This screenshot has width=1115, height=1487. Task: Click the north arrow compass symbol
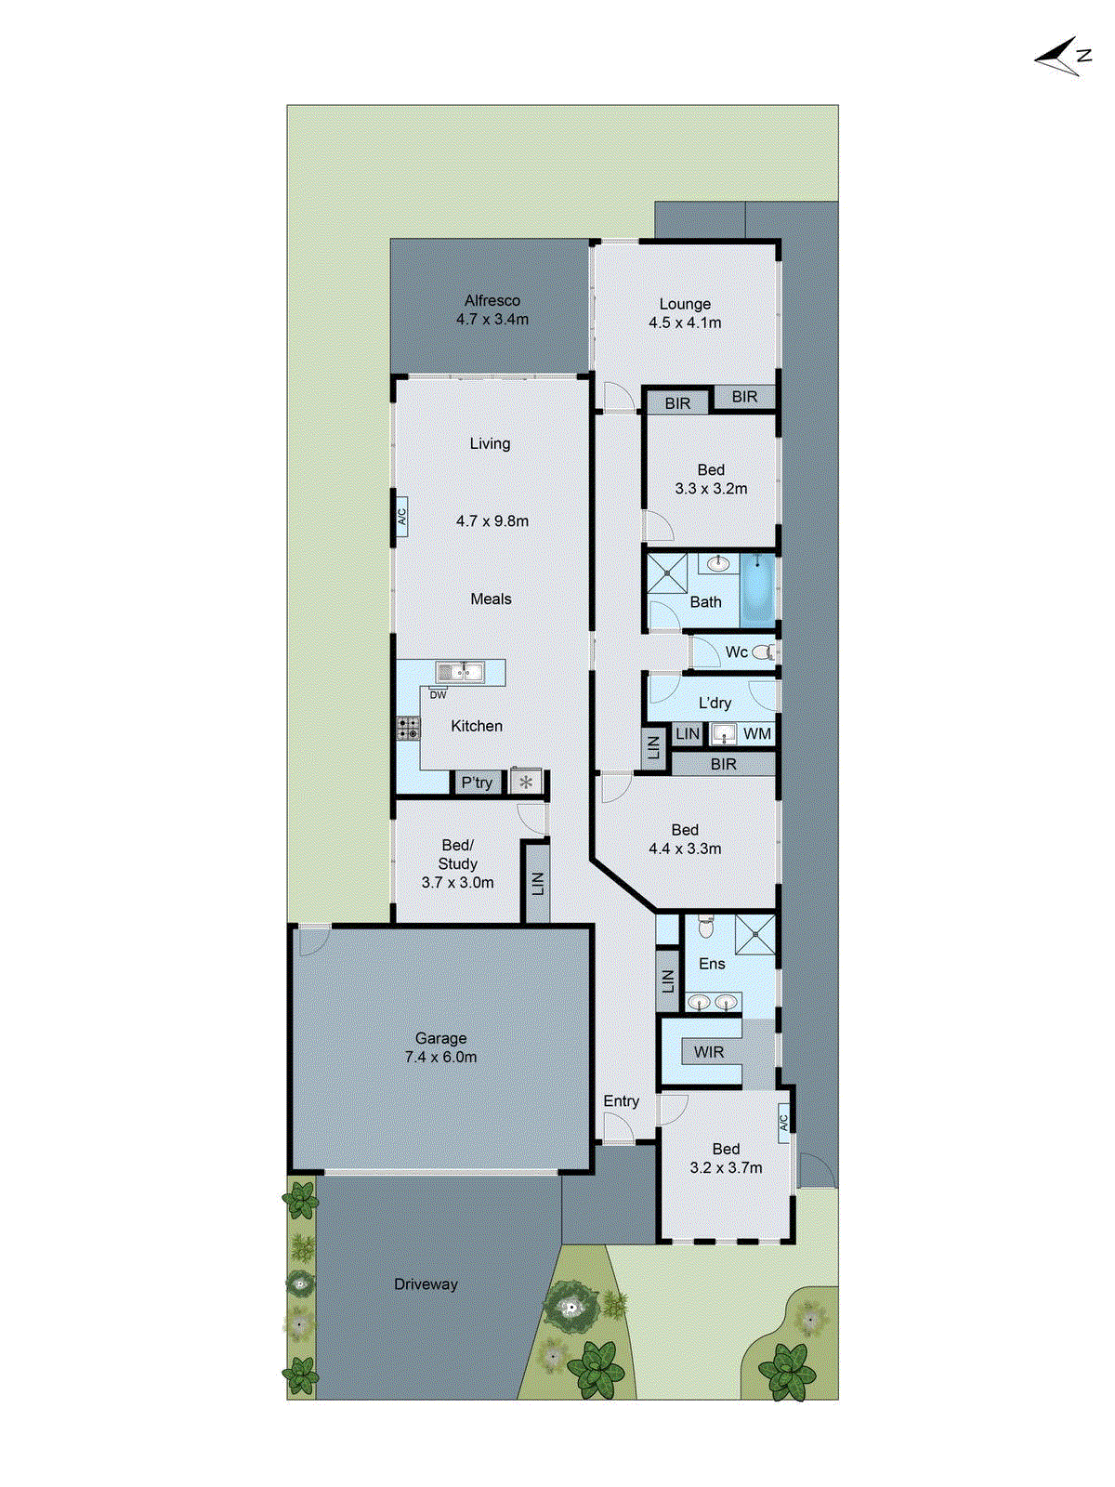[x=1062, y=58]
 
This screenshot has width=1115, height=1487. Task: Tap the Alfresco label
[x=492, y=301]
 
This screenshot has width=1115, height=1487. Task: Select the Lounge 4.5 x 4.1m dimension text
[x=685, y=323]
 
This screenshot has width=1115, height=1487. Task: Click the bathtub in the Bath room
[x=757, y=588]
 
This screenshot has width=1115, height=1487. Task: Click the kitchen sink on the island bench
[x=460, y=671]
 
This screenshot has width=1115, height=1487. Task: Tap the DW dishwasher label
[x=438, y=695]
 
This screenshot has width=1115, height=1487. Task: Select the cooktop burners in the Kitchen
[x=408, y=728]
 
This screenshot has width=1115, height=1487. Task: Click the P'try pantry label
[x=477, y=783]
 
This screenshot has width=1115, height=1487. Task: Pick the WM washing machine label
[x=757, y=734]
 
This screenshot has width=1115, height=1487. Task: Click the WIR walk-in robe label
[x=709, y=1052]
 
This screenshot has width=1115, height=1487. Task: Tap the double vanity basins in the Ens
[x=713, y=1002]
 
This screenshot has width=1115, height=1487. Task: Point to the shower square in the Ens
[x=754, y=934]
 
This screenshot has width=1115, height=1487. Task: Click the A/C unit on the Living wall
[x=402, y=516]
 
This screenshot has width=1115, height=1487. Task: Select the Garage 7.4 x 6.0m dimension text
[x=441, y=1058]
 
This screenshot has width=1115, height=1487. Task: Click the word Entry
[x=621, y=1101]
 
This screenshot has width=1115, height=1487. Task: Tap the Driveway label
[x=426, y=1284]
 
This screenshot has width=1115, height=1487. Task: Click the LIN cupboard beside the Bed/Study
[x=536, y=882]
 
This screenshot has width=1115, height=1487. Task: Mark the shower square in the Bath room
[x=667, y=573]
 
